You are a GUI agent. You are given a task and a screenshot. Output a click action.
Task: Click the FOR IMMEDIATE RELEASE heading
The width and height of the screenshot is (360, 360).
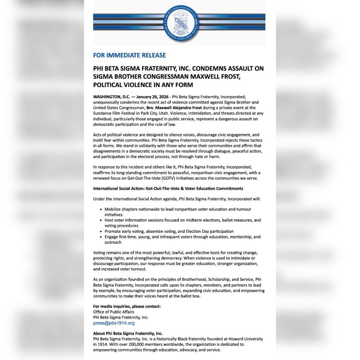point(129,55)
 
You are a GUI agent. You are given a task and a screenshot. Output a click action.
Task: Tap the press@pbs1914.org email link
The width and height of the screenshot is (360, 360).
point(114,323)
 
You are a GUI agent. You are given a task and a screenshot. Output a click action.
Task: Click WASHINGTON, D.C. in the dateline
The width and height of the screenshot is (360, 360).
point(109,96)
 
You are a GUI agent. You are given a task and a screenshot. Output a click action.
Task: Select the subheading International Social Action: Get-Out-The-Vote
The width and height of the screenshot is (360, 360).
point(168,188)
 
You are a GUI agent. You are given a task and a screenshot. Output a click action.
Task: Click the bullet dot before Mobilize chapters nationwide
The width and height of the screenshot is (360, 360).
point(101,210)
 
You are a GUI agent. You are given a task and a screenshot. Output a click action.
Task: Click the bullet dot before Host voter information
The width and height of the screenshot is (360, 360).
point(101,220)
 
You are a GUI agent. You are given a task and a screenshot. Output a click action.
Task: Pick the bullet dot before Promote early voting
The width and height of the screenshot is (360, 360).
point(101,232)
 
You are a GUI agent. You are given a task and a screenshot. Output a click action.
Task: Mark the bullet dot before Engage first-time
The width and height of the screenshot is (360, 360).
point(101,237)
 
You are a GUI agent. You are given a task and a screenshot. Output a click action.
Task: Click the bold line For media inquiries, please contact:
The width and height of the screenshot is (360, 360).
point(127,306)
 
